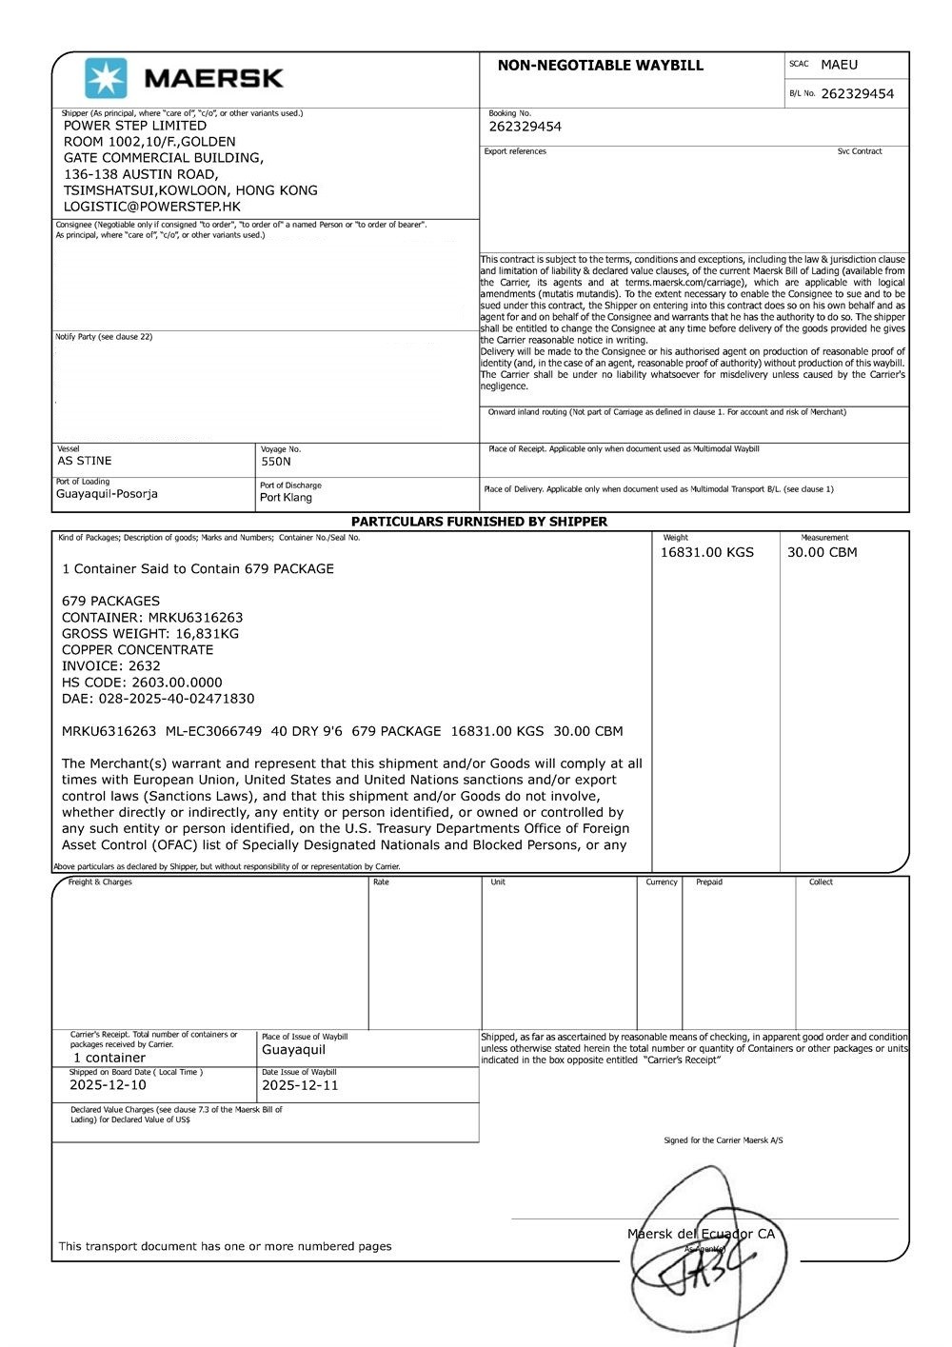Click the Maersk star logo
coord(106,78)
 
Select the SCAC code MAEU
coord(839,65)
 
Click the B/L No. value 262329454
coord(857,94)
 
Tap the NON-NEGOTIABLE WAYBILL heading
coord(600,66)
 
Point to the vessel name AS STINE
coord(85,461)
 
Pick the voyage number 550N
coord(276,462)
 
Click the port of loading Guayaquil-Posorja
coord(107,494)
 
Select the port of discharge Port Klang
coord(286,498)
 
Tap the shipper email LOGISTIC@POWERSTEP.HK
coord(152,207)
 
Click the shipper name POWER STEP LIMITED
coord(135,126)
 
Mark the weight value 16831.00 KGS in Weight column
coord(706,552)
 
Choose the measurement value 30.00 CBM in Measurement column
coord(822,552)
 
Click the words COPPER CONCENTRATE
coord(137,650)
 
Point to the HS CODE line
coord(142,683)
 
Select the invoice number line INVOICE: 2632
coord(111,666)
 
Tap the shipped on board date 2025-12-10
coord(108,1085)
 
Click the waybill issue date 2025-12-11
coord(300,1085)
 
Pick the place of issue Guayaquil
coord(293,1050)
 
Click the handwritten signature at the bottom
coord(700,1266)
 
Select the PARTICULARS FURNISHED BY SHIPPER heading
coord(479,522)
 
